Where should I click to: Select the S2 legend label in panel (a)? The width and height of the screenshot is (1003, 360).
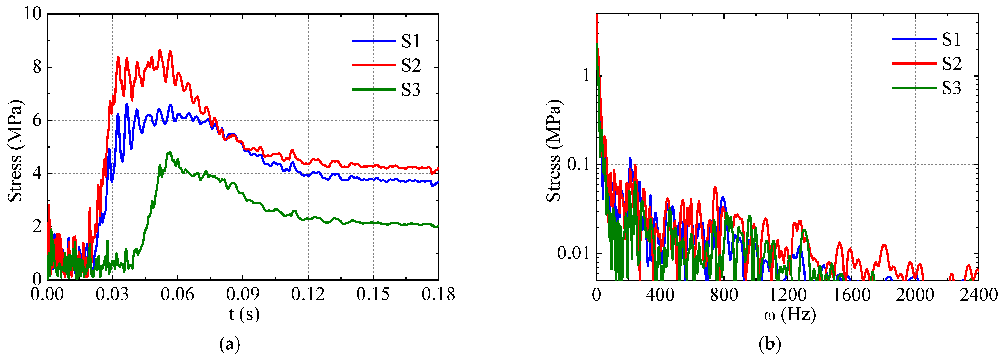(x=411, y=65)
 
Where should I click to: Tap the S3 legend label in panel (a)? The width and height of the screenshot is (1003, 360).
(x=411, y=90)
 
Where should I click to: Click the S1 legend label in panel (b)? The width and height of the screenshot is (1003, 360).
(x=951, y=40)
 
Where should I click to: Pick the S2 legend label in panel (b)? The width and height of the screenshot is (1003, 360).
(x=951, y=63)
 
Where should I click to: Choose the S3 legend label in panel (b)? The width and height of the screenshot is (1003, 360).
(x=951, y=88)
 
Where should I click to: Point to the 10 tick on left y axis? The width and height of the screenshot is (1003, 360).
(x=33, y=14)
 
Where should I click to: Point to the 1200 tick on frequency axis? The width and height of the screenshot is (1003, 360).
(x=787, y=295)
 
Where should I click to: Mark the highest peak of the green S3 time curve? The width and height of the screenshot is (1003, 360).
(x=169, y=152)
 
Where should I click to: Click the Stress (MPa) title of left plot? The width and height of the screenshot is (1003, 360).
(x=15, y=151)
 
